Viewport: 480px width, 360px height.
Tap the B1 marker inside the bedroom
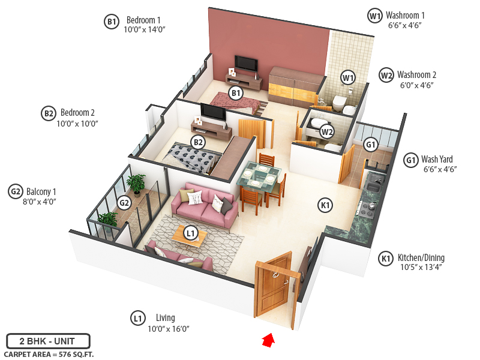pos(236,93)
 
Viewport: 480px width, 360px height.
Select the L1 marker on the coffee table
pos(191,233)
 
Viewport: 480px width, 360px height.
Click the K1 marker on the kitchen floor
pos(325,206)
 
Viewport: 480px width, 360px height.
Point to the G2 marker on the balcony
pos(124,203)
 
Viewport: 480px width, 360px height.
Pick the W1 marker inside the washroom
pos(348,77)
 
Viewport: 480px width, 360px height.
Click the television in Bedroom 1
pos(246,63)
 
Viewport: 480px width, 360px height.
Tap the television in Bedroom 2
pos(212,112)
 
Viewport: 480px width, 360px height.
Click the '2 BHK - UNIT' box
pos(48,341)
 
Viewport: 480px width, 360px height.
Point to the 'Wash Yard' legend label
pos(437,160)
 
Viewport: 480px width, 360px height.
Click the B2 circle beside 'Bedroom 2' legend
pos(49,113)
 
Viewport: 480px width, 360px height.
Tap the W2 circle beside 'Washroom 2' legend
pos(386,76)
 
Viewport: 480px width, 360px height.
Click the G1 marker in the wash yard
pos(371,145)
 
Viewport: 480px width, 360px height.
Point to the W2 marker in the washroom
pos(327,131)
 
